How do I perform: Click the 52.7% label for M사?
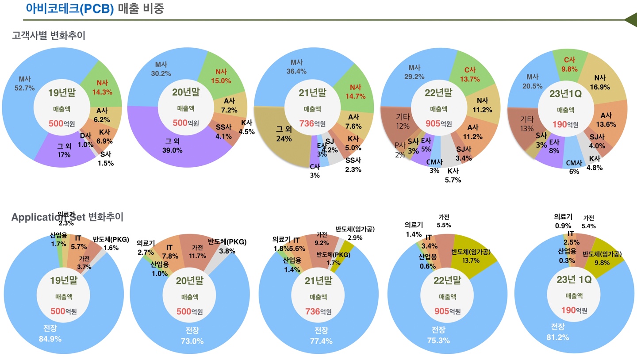tap(24, 88)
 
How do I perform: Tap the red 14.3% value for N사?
tap(102, 92)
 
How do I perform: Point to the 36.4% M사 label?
tap(296, 71)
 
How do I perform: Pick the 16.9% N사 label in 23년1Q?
tap(600, 87)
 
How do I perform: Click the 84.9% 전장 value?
tap(50, 339)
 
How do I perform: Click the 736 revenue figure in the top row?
tap(307, 124)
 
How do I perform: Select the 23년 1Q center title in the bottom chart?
tap(574, 280)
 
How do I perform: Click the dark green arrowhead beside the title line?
tap(631, 20)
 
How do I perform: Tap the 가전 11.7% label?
tap(197, 252)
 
